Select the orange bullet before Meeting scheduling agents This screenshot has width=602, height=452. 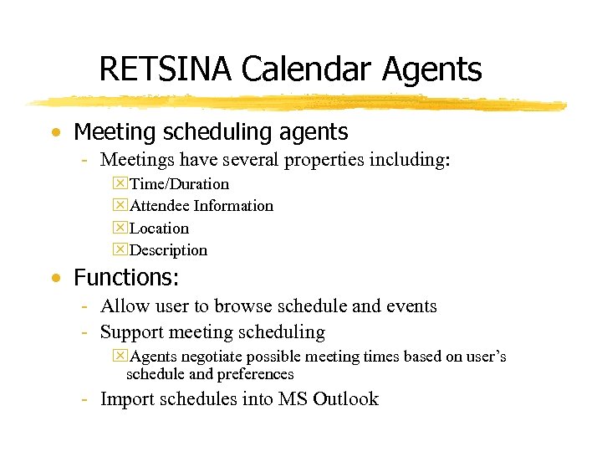55,133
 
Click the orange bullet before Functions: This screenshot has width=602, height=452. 55,278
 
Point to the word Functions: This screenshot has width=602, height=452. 126,277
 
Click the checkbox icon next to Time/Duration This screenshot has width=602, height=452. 120,184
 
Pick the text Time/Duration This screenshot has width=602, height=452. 179,184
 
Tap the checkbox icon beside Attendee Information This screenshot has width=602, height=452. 120,206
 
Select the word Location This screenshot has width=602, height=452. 160,229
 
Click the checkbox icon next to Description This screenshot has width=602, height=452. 120,250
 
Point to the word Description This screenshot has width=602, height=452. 169,250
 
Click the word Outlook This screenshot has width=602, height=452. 345,399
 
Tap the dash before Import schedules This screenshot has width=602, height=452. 85,399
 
